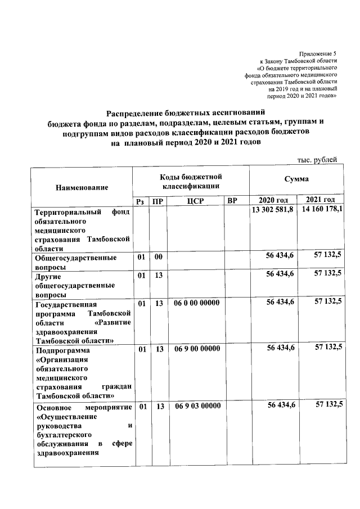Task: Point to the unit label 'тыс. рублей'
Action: click(x=317, y=159)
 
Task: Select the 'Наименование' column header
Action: click(x=82, y=187)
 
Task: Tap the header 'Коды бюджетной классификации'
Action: click(x=191, y=181)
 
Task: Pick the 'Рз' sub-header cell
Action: click(x=141, y=201)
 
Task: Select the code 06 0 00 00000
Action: click(x=197, y=303)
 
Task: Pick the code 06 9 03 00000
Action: click(x=197, y=406)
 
